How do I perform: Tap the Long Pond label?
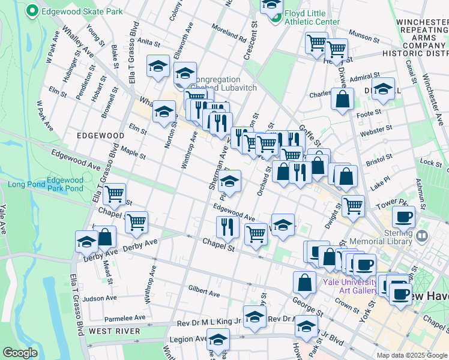click(22, 184)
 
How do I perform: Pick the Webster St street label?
click(376, 128)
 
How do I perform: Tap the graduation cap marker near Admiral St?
click(382, 89)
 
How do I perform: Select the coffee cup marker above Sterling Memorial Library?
click(404, 217)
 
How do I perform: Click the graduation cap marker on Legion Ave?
click(218, 339)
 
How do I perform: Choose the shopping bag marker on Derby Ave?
click(106, 238)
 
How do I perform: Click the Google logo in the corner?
click(20, 353)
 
